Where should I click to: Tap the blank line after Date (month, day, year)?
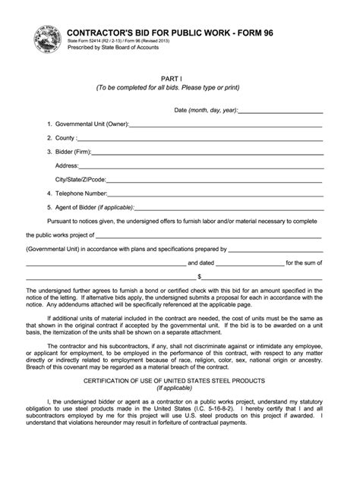click(282, 112)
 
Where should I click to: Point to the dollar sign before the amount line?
click(199, 277)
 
